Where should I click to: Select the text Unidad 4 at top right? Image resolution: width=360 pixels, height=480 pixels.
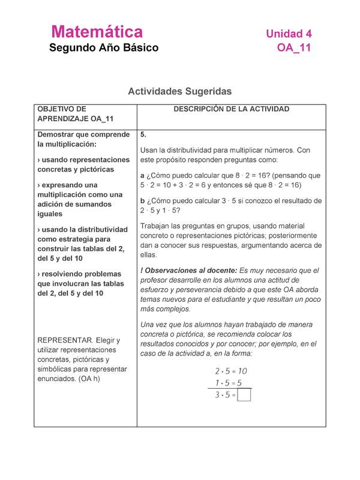(x=289, y=34)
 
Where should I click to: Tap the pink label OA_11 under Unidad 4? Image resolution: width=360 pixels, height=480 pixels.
(x=294, y=48)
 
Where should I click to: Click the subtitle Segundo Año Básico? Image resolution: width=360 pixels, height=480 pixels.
(x=104, y=48)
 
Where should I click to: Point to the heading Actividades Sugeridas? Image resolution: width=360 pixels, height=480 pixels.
(x=180, y=92)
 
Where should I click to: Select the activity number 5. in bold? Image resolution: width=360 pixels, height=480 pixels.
(x=143, y=134)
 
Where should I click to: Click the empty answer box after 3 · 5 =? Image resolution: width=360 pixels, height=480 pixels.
(x=244, y=395)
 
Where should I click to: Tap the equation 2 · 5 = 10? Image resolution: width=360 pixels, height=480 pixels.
(x=231, y=371)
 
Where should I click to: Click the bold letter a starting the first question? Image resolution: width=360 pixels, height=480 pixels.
(x=142, y=176)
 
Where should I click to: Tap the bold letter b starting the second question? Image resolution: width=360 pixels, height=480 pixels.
(x=142, y=201)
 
